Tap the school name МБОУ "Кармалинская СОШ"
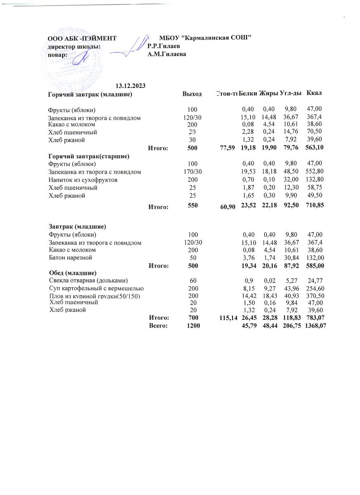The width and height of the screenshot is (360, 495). tap(205, 38)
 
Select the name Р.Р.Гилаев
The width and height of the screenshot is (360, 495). tap(164, 46)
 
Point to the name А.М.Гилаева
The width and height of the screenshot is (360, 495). tap(167, 54)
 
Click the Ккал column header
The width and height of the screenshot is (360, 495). tap(314, 94)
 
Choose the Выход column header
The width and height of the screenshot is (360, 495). tap(192, 94)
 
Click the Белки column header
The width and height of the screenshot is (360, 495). tap(248, 94)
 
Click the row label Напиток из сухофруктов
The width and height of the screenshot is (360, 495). tap(83, 180)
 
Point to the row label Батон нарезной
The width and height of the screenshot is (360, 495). tap(70, 258)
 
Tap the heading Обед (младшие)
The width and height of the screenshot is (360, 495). tap(73, 273)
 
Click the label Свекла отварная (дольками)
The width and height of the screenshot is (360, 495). tap(89, 280)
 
